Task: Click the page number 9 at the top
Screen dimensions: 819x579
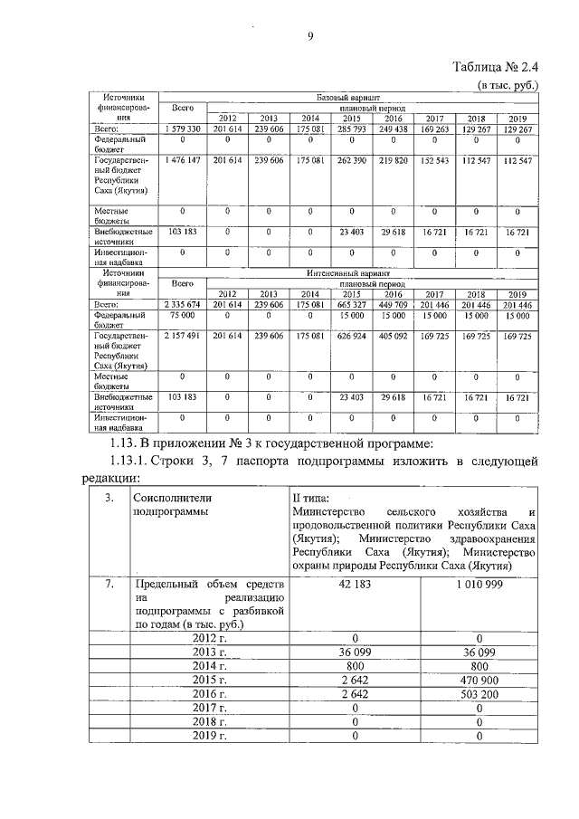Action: tap(309, 36)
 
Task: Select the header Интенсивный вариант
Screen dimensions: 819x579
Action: tap(348, 271)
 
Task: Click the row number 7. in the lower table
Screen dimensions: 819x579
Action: tap(109, 585)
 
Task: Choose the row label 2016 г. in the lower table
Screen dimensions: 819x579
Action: tap(208, 693)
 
